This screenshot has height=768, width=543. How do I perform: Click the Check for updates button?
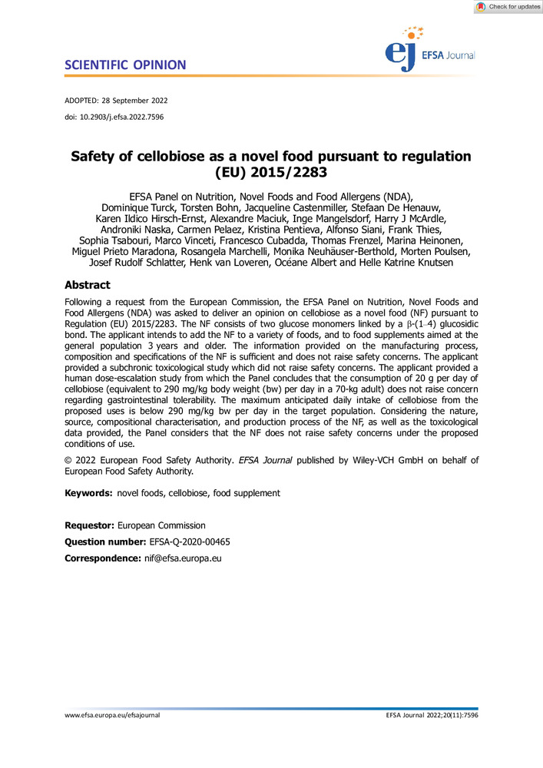(508, 7)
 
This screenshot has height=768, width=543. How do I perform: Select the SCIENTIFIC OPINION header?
(125, 65)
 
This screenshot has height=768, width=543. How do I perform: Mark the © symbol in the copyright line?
(68, 460)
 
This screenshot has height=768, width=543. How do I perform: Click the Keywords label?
(88, 492)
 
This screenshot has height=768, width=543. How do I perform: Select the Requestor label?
(90, 526)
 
